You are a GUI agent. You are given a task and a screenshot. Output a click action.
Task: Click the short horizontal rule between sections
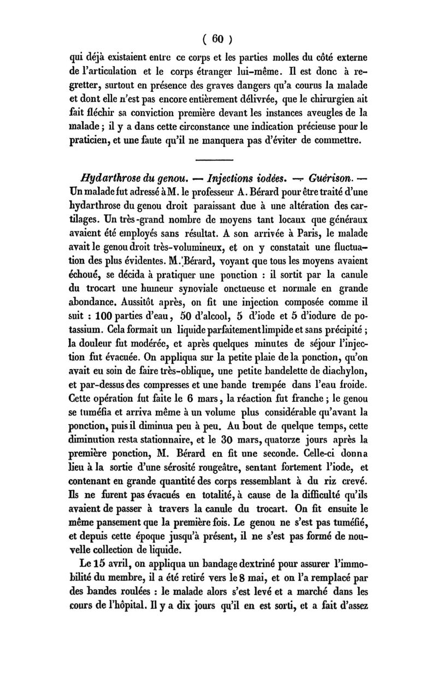[214, 159]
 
